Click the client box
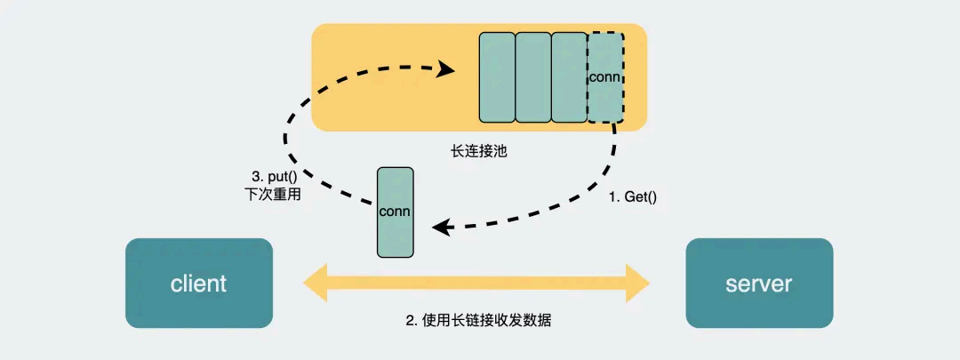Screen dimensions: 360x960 198,284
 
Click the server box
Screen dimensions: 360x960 758,284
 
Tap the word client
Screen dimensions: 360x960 198,284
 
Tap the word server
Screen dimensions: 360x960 758,284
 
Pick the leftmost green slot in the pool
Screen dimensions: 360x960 497,77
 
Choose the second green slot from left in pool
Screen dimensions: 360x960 533,77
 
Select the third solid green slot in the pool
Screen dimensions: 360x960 569,77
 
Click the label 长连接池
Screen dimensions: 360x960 479,151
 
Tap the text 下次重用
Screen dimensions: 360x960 272,195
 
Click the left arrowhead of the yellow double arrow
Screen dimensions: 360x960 313,284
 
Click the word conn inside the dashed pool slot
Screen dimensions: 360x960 604,76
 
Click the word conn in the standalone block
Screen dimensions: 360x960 395,212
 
